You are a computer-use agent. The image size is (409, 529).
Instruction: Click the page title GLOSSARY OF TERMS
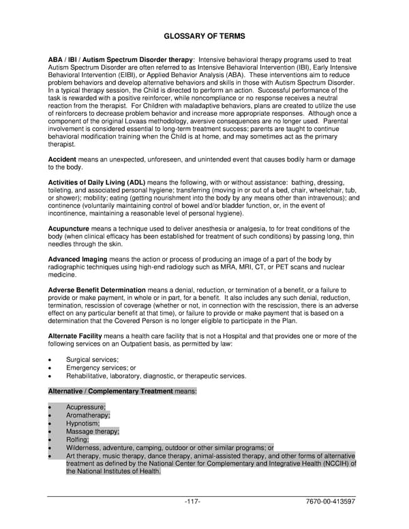click(x=204, y=35)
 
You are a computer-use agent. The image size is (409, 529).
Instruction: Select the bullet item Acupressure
click(x=86, y=407)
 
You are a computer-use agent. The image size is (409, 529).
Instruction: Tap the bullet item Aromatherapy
click(x=88, y=415)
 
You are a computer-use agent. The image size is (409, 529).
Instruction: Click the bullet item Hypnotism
click(x=82, y=423)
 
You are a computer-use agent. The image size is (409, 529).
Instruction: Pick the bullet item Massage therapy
click(x=92, y=432)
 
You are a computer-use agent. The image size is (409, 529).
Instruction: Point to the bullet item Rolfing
click(x=78, y=440)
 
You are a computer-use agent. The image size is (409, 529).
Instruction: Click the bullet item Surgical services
click(x=92, y=360)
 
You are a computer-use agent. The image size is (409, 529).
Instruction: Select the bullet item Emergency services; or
click(x=101, y=368)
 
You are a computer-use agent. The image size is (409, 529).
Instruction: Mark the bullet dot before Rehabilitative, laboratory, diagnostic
click(x=50, y=376)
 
